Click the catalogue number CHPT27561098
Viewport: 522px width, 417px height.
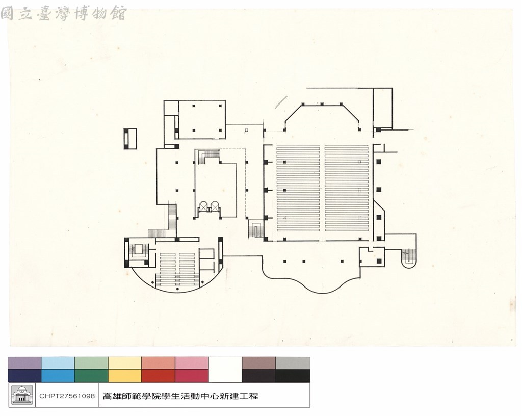coord(67,396)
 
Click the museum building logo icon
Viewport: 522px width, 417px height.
coord(22,395)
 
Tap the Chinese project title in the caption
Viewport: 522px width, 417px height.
coord(180,396)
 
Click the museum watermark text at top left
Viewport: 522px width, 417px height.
coord(63,14)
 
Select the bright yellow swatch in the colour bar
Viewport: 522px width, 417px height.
coord(125,376)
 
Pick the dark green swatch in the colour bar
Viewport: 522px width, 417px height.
coord(91,376)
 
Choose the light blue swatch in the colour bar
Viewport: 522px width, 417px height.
coord(58,363)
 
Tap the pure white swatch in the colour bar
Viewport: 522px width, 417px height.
coord(225,370)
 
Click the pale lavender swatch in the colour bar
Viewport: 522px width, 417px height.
coord(24,363)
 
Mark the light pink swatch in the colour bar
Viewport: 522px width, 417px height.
coord(192,363)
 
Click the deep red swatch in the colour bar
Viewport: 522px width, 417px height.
coord(158,376)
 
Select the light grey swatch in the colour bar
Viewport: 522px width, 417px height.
coord(293,363)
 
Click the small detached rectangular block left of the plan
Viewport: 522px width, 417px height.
coord(130,139)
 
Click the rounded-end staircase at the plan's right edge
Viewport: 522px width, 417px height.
coord(409,258)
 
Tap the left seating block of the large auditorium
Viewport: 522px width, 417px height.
coord(298,189)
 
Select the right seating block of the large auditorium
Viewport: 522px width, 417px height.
coord(347,189)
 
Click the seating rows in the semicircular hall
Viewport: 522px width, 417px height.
coord(177,270)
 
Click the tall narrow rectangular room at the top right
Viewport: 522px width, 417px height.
coord(383,108)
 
